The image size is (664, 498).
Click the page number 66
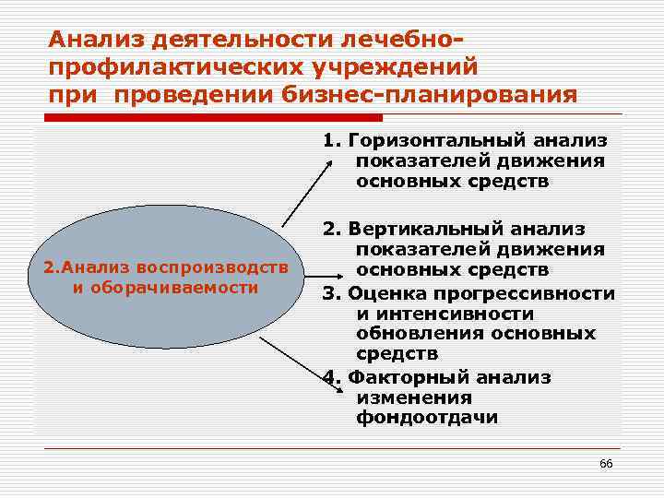click(x=606, y=463)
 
